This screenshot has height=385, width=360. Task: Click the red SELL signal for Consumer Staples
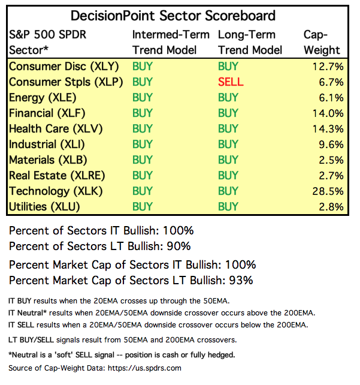coord(231,82)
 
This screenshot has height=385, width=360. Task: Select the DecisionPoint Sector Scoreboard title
coord(174,15)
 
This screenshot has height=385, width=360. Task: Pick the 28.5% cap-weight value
coord(328,191)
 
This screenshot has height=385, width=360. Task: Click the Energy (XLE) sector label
coord(43,97)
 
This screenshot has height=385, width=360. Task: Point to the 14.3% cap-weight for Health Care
coord(328,129)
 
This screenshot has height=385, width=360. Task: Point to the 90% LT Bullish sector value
coord(180,246)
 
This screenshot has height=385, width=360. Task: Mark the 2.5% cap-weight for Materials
coord(331,160)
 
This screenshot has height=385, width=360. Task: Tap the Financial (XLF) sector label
coord(47,113)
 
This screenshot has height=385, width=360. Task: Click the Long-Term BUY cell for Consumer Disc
coord(228,66)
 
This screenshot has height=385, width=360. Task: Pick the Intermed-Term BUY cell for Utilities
coord(143,207)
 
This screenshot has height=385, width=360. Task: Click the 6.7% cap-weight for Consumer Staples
coord(331,82)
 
